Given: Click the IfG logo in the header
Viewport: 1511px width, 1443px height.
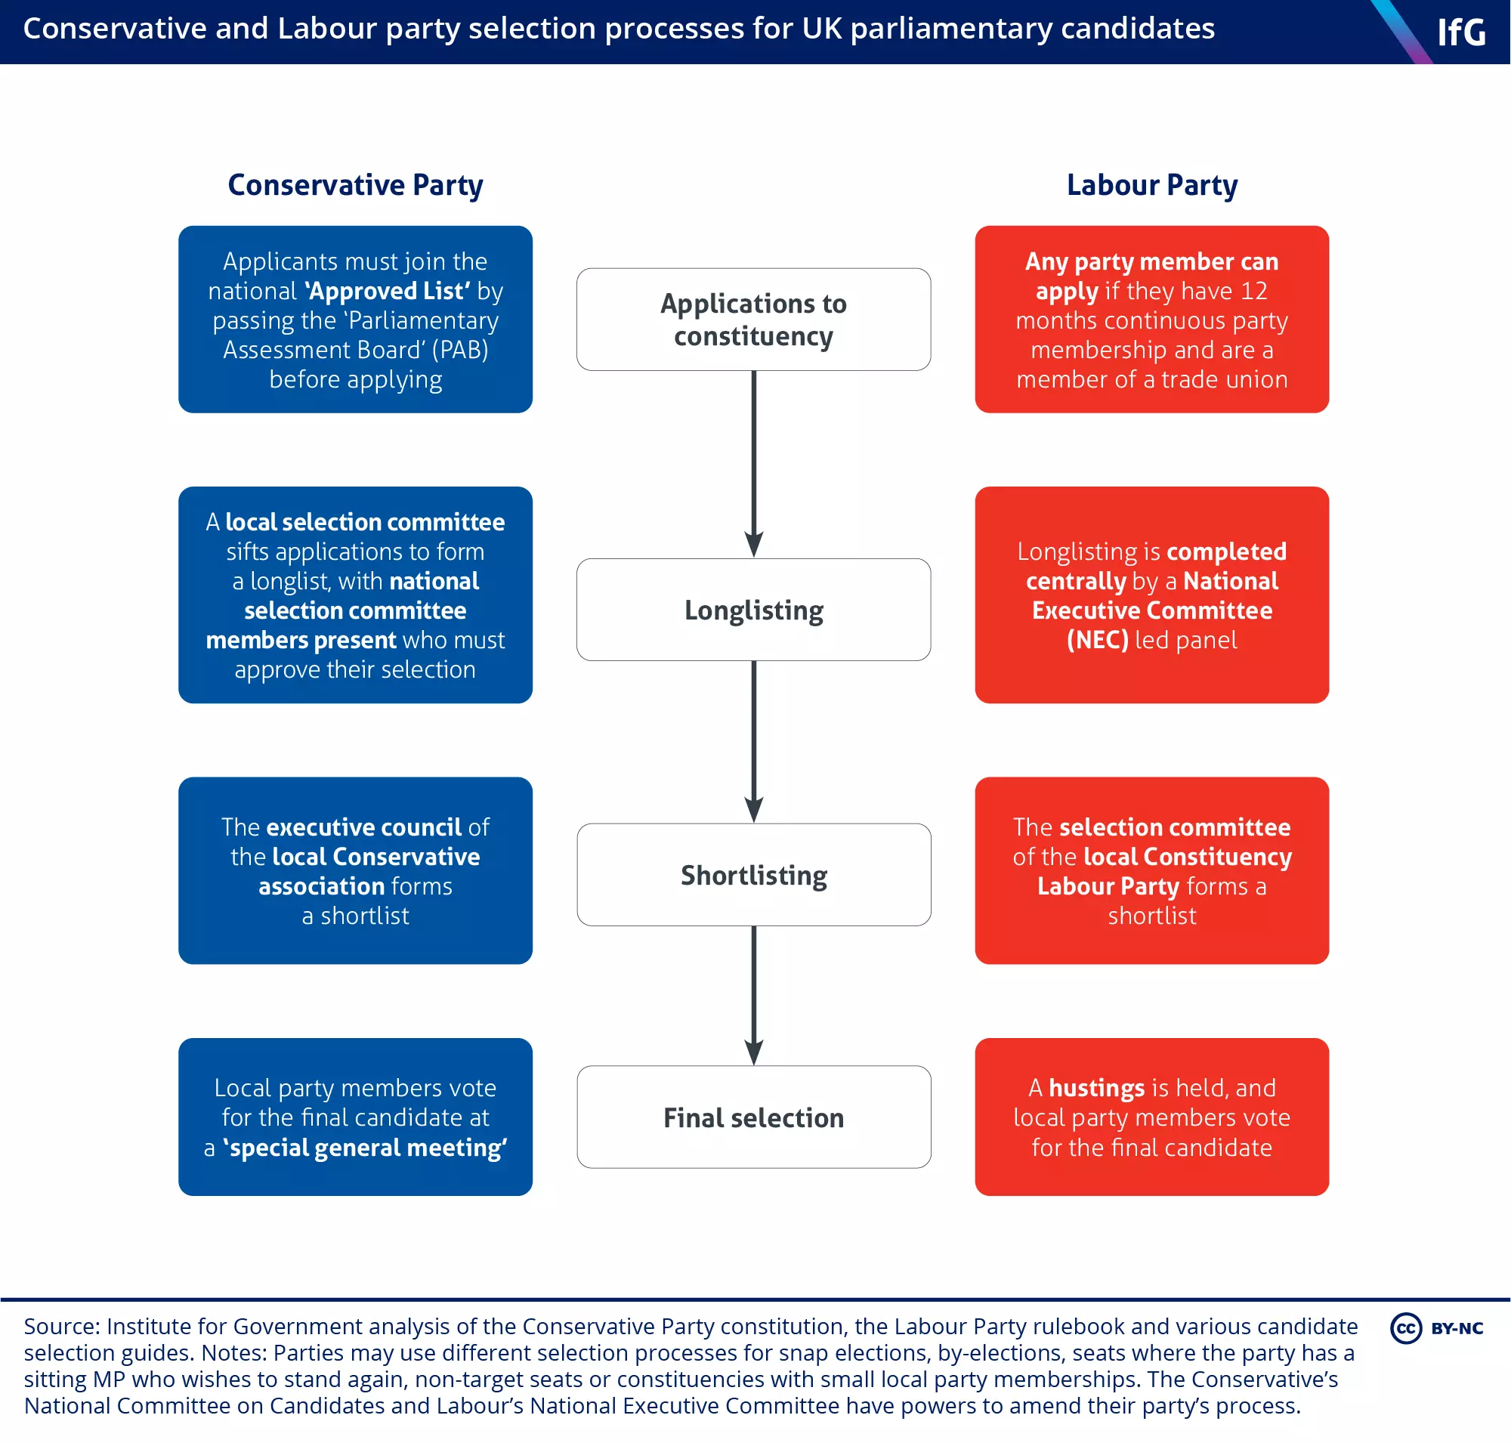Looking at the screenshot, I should [1461, 32].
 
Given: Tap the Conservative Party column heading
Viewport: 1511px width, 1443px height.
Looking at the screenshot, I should [355, 185].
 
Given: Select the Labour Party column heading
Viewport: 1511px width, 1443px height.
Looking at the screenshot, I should [1151, 185].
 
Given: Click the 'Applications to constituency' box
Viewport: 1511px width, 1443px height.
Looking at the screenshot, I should [753, 320].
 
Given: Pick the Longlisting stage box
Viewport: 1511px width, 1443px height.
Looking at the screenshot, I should [753, 610].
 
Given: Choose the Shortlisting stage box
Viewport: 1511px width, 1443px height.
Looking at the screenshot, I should [753, 875].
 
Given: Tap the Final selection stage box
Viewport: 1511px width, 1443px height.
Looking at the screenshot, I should [753, 1117].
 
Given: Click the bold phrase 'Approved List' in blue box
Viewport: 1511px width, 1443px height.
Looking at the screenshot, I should [387, 292].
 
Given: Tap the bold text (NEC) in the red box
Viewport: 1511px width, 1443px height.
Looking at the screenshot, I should [1097, 640].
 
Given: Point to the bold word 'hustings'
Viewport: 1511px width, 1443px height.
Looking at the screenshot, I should [1096, 1089].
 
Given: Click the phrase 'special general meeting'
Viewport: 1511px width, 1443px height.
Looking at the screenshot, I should [365, 1148].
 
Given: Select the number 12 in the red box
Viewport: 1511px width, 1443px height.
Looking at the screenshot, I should [1253, 292].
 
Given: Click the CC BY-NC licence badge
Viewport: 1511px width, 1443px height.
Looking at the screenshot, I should [1436, 1328].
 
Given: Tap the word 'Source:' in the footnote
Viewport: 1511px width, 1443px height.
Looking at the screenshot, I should [61, 1327].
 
